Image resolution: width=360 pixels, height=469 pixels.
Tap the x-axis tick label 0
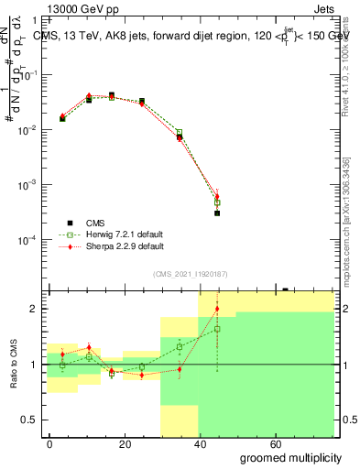(x=50, y=443)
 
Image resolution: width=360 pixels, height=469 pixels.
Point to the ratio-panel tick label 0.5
(x=34, y=420)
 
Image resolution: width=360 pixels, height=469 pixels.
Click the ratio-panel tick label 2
(x=38, y=310)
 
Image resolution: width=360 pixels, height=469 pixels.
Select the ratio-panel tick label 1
(x=38, y=365)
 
